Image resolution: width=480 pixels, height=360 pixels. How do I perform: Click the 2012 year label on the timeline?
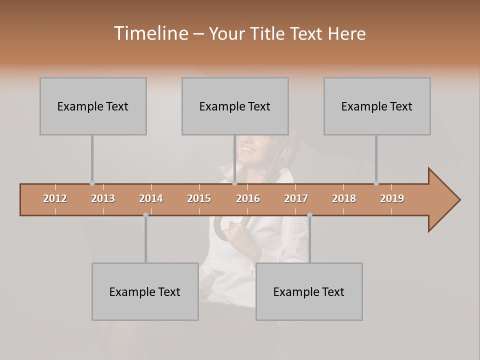point(55,198)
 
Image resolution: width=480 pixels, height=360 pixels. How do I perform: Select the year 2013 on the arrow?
point(103,198)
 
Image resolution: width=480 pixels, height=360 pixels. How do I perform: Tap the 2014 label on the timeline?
point(151,198)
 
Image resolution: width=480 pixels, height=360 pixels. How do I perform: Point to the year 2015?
point(199,198)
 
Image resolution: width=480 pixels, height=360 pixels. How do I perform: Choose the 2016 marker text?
point(248,198)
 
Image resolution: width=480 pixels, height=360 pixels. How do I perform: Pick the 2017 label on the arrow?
point(296,198)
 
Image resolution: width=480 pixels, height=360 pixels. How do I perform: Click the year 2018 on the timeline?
point(344,198)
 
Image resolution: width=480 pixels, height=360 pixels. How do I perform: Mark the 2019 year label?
point(392,198)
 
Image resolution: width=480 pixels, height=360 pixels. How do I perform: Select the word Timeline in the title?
point(150,33)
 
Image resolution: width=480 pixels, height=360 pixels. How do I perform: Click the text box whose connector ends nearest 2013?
point(93,106)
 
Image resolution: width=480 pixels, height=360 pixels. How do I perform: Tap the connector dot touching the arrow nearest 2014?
point(145,215)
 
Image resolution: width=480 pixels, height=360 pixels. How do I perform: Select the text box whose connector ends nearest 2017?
point(309,291)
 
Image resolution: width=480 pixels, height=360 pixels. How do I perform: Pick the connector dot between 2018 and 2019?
point(376,183)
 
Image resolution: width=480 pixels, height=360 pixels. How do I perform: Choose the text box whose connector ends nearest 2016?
point(235,106)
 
